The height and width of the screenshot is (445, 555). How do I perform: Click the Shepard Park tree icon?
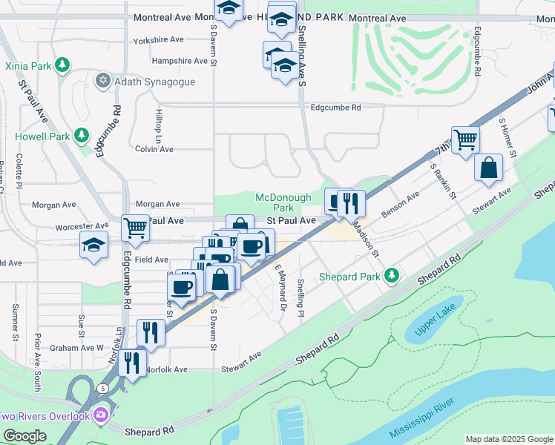[x=391, y=277]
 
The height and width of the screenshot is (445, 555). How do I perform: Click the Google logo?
[x=24, y=436]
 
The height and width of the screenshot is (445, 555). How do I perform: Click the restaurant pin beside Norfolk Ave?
[x=132, y=363]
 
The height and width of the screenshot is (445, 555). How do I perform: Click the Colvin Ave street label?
[x=154, y=149]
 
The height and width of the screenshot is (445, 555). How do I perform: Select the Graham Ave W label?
[x=77, y=347]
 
